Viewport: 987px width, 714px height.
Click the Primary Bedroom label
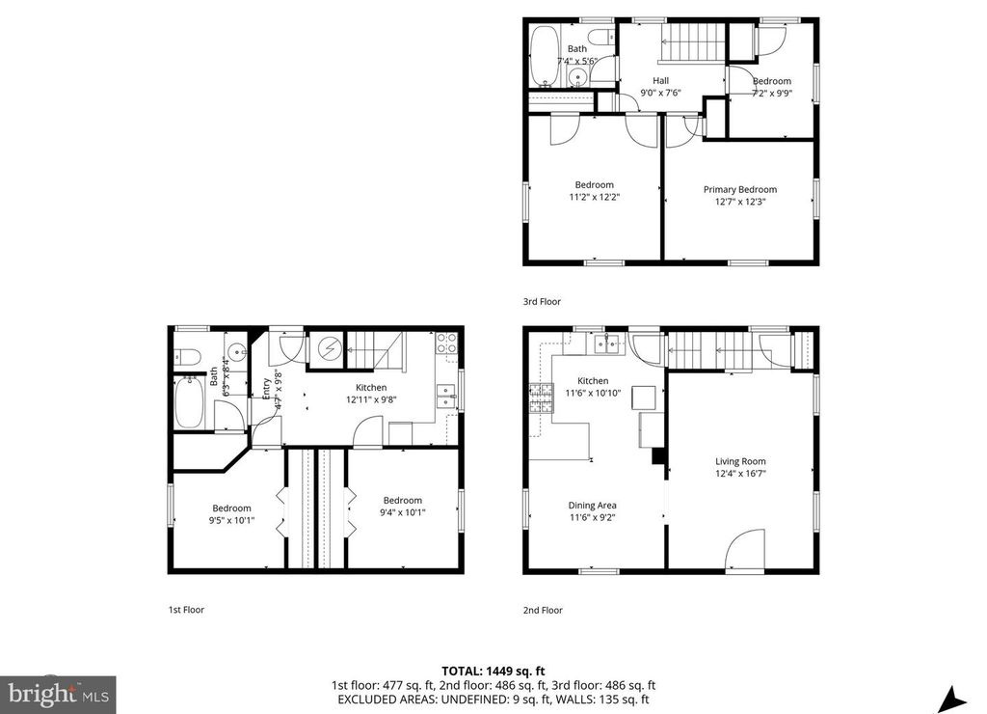pos(739,189)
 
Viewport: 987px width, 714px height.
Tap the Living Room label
pos(740,460)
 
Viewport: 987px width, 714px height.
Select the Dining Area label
pos(593,505)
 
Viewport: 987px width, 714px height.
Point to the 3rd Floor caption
pos(542,301)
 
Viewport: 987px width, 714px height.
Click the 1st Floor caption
pos(187,610)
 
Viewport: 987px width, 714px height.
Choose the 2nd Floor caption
pos(543,610)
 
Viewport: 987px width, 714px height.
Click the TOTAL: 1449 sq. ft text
pos(493,670)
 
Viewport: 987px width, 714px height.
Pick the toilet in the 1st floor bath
pos(186,357)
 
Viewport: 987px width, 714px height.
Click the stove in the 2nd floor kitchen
pos(537,394)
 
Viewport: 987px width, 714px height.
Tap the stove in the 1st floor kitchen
pos(447,340)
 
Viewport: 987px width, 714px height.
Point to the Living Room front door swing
pos(744,550)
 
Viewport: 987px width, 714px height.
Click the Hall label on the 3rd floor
pos(660,81)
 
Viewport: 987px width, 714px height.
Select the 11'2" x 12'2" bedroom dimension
pos(595,197)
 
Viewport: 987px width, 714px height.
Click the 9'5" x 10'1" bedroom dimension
pos(231,520)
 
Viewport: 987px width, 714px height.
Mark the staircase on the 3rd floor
pos(692,44)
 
